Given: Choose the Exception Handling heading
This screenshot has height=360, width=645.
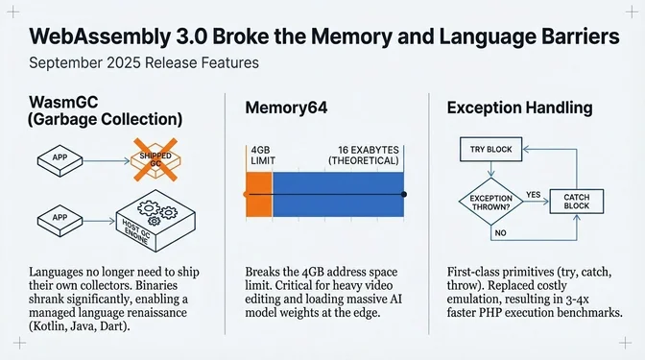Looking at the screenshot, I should point(517,108).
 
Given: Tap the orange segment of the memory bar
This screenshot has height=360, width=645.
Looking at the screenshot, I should point(259,196).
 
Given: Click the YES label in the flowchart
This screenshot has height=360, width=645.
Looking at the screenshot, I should point(535,195).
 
